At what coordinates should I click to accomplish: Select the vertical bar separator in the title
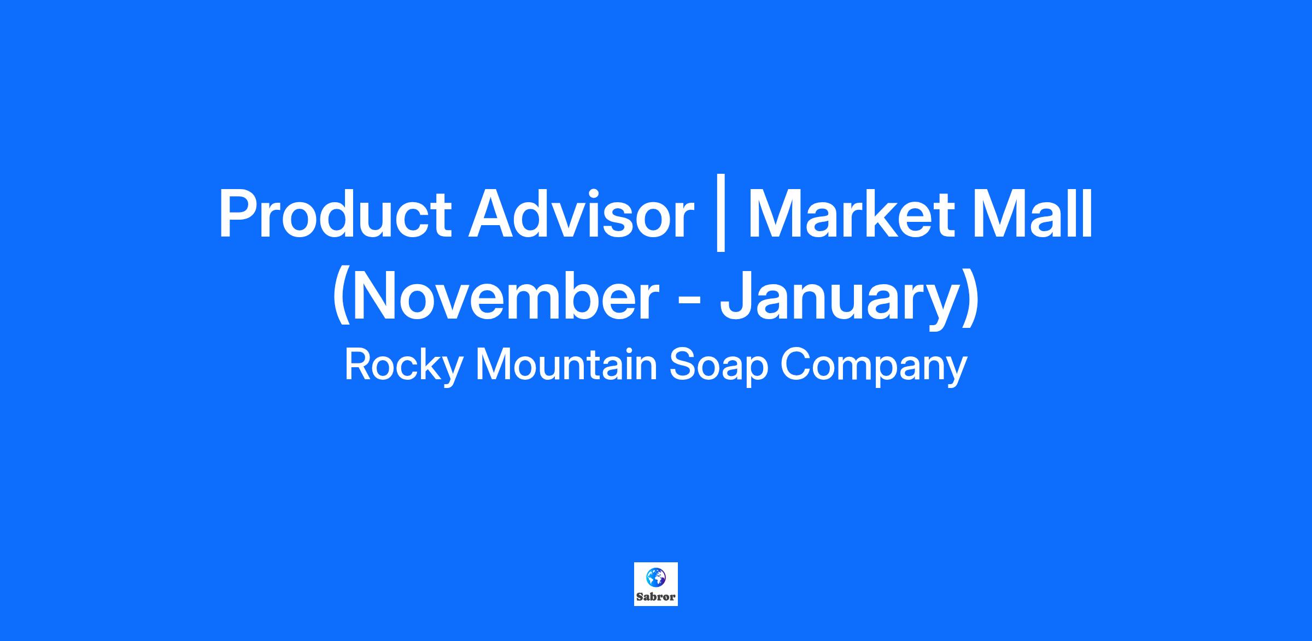click(721, 213)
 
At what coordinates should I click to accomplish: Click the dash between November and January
click(690, 302)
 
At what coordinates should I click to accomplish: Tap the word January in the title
click(839, 298)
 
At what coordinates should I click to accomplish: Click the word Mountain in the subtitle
click(566, 365)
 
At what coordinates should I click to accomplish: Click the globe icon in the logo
click(655, 577)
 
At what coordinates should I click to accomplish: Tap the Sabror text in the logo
click(656, 597)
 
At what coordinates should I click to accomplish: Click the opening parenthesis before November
click(342, 296)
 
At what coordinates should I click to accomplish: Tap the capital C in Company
click(795, 365)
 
